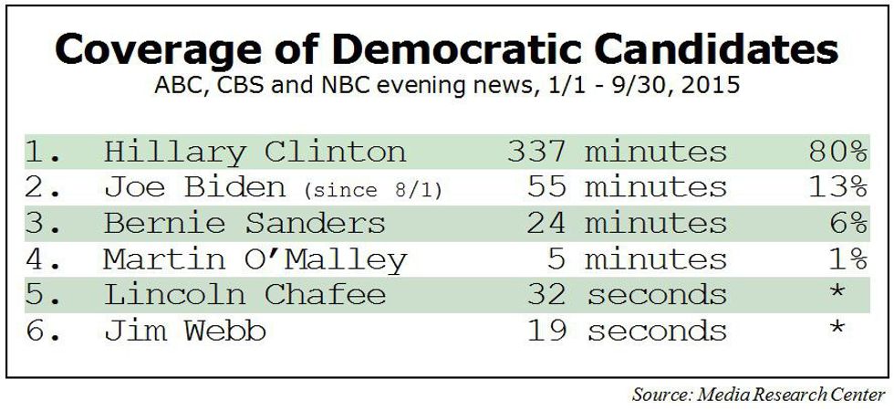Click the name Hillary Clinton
coord(255,151)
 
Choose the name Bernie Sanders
coord(244,223)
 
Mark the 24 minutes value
coord(627,223)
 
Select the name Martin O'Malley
coord(255,259)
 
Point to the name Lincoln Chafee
coord(244,295)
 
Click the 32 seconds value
coord(627,295)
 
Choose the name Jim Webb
coord(185,331)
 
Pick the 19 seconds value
coord(627,331)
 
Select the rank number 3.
coord(39,223)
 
